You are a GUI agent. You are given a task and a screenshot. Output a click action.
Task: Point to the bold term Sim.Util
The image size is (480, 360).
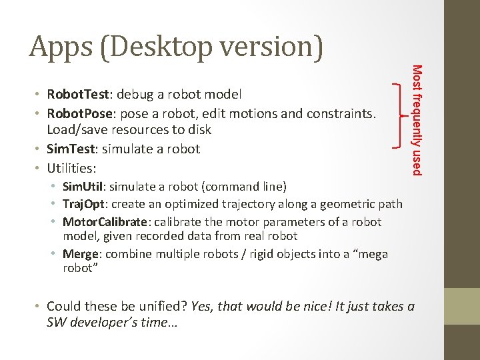pos(85,185)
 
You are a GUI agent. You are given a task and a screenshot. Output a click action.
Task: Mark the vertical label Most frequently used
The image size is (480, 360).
pos(416,120)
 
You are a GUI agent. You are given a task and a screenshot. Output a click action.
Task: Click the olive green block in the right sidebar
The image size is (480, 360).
pos(462,306)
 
